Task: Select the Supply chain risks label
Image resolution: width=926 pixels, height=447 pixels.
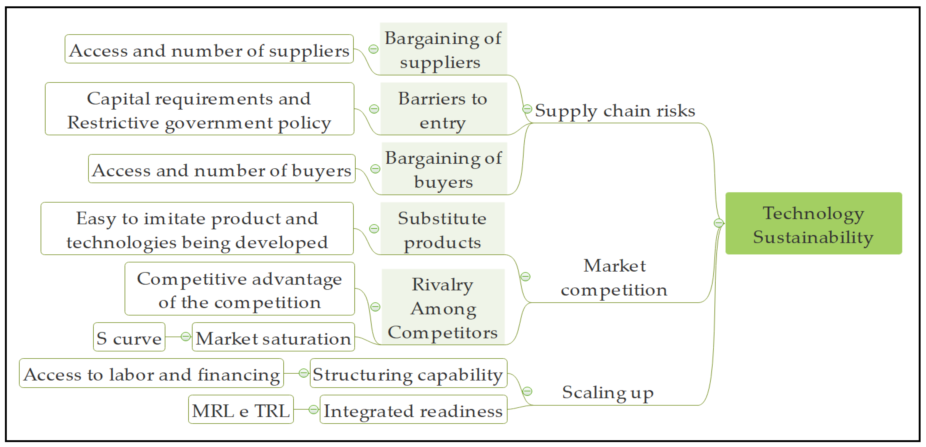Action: point(615,111)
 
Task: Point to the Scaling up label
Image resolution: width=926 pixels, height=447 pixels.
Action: point(607,392)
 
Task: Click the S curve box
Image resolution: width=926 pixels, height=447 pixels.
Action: point(129,337)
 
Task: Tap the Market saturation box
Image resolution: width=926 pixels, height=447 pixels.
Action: point(273,337)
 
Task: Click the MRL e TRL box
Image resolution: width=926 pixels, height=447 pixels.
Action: point(241,410)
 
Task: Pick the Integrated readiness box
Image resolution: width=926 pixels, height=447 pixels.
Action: point(413,410)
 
